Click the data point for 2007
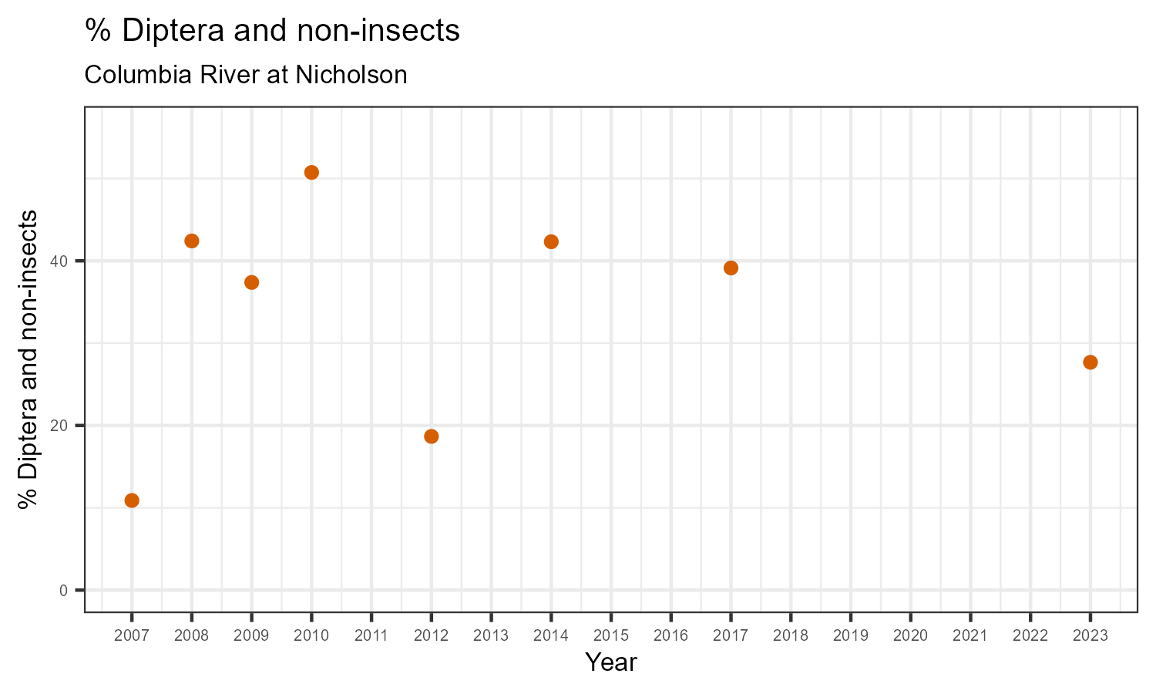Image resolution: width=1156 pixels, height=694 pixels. coord(132,500)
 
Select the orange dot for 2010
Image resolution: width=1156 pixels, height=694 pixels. coord(311,172)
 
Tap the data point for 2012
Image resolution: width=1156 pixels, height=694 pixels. coord(432,436)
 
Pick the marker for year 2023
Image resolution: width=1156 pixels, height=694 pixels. coord(1090,362)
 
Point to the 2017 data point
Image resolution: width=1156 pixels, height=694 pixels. coord(731,268)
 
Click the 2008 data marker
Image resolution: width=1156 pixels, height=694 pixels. coord(192,241)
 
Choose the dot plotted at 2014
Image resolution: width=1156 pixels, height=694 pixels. coord(551,241)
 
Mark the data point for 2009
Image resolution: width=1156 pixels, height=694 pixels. coord(251,282)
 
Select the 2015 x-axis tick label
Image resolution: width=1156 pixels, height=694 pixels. coord(611,636)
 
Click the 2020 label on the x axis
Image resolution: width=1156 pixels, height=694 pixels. coord(910,636)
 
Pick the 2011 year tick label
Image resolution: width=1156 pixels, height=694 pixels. coord(371,636)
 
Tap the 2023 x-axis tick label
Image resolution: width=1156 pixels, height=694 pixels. coord(1090,636)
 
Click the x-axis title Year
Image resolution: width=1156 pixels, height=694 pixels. coord(611,662)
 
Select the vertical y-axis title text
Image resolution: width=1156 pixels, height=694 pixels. coord(29,359)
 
